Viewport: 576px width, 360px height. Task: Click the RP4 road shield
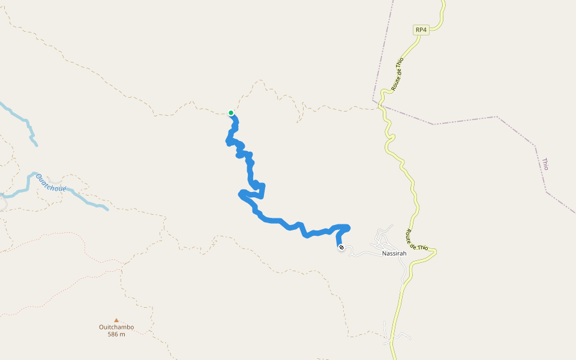point(421,30)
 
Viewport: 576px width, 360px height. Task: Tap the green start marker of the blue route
point(231,113)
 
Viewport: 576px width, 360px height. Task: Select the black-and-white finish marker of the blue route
point(341,247)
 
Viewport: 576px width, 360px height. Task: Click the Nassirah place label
point(394,254)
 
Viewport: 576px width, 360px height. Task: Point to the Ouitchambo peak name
point(116,327)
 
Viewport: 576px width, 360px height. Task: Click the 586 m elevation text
point(116,334)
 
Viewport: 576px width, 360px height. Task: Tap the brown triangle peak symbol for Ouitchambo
point(116,320)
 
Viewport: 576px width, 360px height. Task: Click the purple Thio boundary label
point(545,164)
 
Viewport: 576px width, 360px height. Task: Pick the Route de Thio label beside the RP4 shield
point(397,74)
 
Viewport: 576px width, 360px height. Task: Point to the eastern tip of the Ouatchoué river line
point(107,209)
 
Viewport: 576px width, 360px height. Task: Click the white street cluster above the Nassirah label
point(383,238)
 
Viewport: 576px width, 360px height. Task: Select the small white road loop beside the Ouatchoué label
point(55,181)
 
